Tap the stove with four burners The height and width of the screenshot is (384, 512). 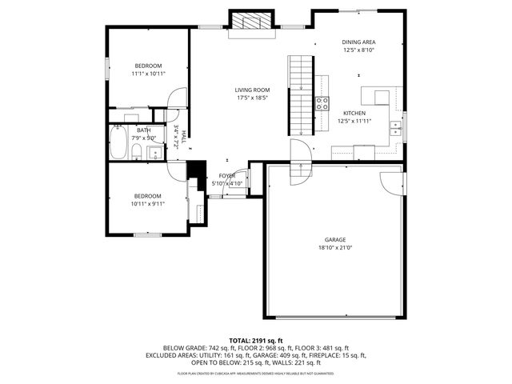tap(322, 102)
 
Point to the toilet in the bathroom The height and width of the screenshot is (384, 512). tap(137, 151)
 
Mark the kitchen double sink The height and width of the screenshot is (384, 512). tap(394, 127)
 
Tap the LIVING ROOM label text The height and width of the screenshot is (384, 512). tap(251, 90)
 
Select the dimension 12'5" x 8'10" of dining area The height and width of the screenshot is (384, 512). tap(358, 50)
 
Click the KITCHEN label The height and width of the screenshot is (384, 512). tap(354, 114)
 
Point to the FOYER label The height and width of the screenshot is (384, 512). tap(227, 175)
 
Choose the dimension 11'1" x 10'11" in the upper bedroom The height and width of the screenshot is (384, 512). tap(148, 74)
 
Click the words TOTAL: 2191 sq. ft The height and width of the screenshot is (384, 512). tap(256, 341)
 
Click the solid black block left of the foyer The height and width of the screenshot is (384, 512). tap(192, 170)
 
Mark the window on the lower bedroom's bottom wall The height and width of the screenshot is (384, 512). tap(147, 234)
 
